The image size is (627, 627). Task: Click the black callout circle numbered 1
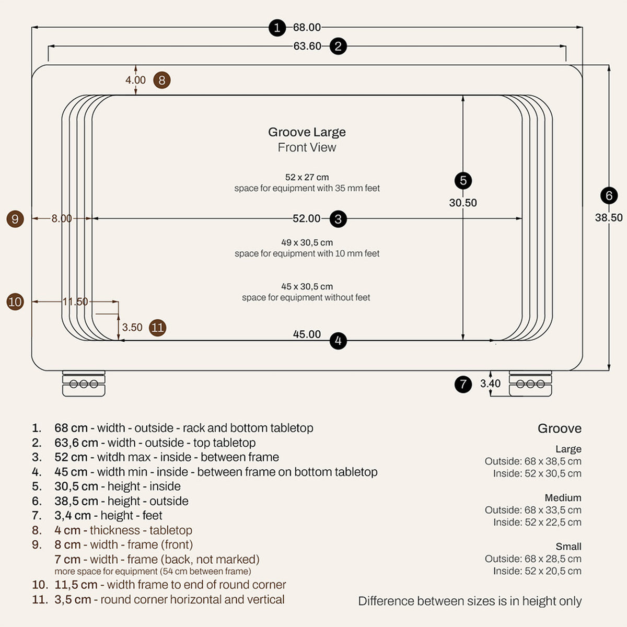pyautogui.click(x=277, y=28)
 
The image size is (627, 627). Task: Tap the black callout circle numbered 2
pyautogui.click(x=338, y=46)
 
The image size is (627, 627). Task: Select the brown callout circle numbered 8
pyautogui.click(x=161, y=80)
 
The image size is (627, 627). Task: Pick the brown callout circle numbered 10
pyautogui.click(x=15, y=301)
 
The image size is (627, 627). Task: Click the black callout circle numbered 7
pyautogui.click(x=463, y=384)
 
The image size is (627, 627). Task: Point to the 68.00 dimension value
pyautogui.click(x=307, y=27)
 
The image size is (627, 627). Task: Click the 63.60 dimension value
pyautogui.click(x=307, y=46)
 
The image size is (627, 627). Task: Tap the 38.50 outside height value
pyautogui.click(x=609, y=217)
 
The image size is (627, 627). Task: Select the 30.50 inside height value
pyautogui.click(x=463, y=203)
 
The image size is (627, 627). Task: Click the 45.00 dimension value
pyautogui.click(x=307, y=334)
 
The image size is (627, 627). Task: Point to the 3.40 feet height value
pyautogui.click(x=490, y=384)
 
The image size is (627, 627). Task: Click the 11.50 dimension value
pyautogui.click(x=75, y=301)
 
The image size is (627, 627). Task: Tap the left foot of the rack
pyautogui.click(x=84, y=384)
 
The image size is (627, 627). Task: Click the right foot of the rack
pyautogui.click(x=530, y=384)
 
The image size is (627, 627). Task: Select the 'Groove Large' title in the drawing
pyautogui.click(x=307, y=132)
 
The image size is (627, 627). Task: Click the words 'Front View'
pyautogui.click(x=307, y=147)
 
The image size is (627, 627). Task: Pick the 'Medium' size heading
pyautogui.click(x=563, y=497)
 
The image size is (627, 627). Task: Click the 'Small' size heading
pyautogui.click(x=568, y=547)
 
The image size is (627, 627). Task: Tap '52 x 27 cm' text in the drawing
pyautogui.click(x=307, y=177)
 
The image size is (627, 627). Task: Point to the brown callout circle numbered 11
pyautogui.click(x=157, y=327)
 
